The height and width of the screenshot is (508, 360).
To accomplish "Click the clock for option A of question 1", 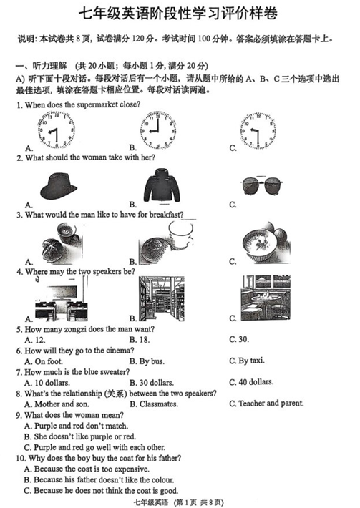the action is pyautogui.click(x=57, y=130).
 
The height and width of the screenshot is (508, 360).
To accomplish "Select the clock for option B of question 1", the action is pyautogui.click(x=157, y=130).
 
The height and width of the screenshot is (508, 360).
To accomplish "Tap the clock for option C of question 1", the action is pyautogui.click(x=258, y=130).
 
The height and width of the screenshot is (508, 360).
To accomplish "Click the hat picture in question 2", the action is pyautogui.click(x=58, y=186).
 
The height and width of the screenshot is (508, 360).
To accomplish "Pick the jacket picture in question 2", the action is pyautogui.click(x=162, y=185).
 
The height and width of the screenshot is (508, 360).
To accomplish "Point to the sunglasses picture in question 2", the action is pyautogui.click(x=262, y=186).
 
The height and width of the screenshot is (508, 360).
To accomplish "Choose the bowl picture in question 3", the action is pyautogui.click(x=266, y=243).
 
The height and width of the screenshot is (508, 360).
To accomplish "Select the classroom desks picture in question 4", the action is pyautogui.click(x=62, y=299).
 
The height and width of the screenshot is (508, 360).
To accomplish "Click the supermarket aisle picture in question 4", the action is pyautogui.click(x=162, y=298).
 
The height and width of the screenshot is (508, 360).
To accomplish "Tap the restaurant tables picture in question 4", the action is pyautogui.click(x=266, y=298).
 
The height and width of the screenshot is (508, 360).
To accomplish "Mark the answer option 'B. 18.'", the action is pyautogui.click(x=140, y=340).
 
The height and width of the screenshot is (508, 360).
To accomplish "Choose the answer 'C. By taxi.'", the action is pyautogui.click(x=247, y=361).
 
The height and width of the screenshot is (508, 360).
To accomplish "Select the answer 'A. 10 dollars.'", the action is pyautogui.click(x=47, y=383).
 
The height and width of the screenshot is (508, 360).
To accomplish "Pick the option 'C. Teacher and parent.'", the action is pyautogui.click(x=266, y=404).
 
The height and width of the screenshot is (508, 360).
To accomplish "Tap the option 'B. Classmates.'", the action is pyautogui.click(x=154, y=404).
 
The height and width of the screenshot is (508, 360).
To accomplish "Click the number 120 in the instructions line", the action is pyautogui.click(x=137, y=39).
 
